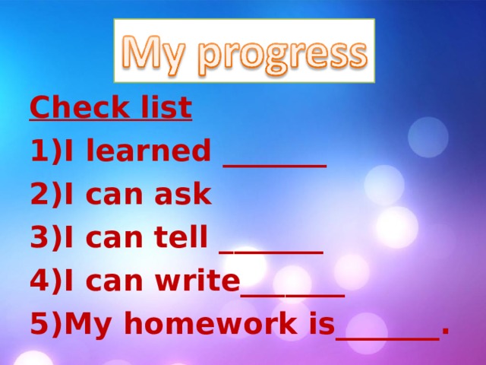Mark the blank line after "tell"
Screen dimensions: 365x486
(x=271, y=249)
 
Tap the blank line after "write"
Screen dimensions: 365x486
(x=293, y=292)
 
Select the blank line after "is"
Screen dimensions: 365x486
(x=387, y=335)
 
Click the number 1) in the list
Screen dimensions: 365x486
(x=46, y=152)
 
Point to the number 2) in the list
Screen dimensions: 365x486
(x=46, y=195)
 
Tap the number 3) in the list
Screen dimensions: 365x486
(x=46, y=238)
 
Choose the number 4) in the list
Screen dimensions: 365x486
(x=46, y=281)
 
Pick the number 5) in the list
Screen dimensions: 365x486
(x=46, y=325)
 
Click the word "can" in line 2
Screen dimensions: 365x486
(x=117, y=195)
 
